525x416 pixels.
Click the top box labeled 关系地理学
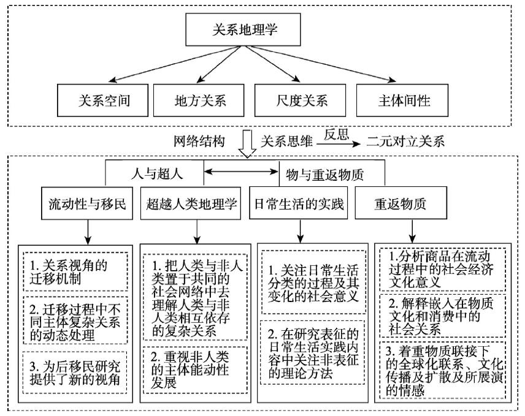243,29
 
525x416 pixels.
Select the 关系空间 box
103,100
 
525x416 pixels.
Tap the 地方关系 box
199,100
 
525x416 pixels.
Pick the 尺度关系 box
301,100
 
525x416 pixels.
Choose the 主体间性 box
402,100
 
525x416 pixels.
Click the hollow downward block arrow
247,143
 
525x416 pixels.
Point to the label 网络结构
199,142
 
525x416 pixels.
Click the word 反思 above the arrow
336,134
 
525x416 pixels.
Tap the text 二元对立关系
405,142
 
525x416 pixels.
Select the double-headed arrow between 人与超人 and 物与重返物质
242,172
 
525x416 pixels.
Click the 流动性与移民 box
87,203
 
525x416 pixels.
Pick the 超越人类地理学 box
191,203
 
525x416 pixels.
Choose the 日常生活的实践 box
298,203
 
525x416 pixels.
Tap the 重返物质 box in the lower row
401,203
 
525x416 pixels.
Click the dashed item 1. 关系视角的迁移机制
75,271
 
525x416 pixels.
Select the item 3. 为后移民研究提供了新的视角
75,372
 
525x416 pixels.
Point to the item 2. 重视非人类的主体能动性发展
196,369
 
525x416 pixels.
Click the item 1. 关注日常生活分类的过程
313,282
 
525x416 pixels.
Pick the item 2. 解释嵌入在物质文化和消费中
443,316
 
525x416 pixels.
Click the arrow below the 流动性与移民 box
88,232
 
